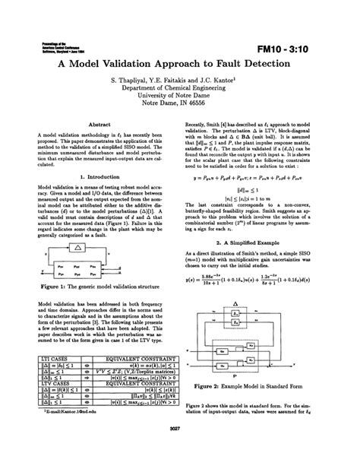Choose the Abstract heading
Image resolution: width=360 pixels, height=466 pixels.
pos(100,123)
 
